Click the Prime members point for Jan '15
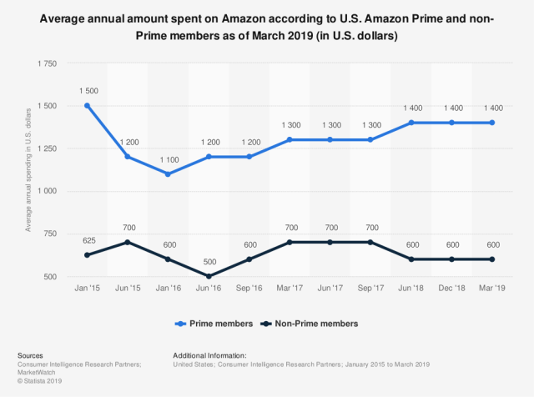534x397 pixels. pos(87,106)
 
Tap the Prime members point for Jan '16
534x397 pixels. pos(169,173)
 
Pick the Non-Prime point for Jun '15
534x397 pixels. pos(128,242)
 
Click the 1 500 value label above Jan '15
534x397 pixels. pos(87,91)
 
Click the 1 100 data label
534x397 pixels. pos(169,158)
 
